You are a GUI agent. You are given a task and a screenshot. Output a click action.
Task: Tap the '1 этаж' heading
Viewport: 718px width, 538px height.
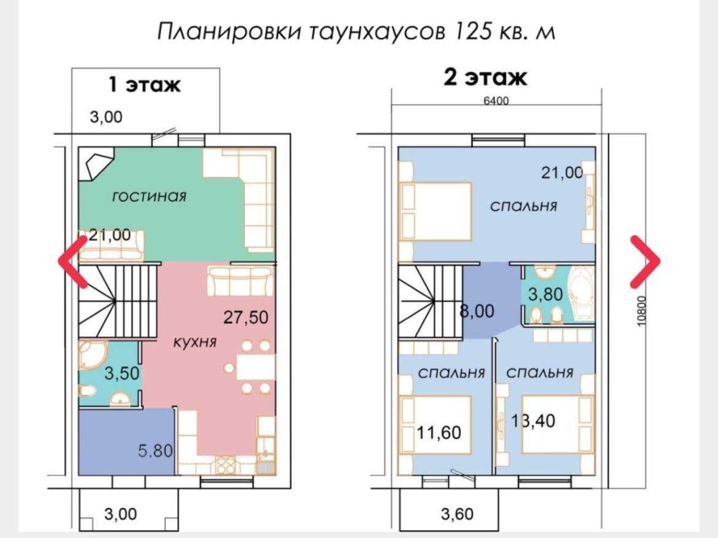(x=145, y=85)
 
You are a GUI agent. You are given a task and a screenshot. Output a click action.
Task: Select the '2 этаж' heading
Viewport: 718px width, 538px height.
(x=485, y=77)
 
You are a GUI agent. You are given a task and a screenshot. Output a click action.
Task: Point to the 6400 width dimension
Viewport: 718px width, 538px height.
(x=496, y=100)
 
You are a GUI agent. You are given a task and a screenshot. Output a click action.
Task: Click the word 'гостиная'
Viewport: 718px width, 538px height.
(x=149, y=197)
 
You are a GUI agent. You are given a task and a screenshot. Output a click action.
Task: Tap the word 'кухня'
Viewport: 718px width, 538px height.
(x=195, y=341)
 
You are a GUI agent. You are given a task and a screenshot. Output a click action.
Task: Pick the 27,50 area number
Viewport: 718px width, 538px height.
(x=246, y=317)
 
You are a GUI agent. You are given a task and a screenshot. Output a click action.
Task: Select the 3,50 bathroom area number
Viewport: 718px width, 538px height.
(x=122, y=373)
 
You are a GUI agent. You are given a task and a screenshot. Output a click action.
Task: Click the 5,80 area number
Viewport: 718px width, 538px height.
(x=156, y=451)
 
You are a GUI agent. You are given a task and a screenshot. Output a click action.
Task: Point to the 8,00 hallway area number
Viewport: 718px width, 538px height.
(x=477, y=311)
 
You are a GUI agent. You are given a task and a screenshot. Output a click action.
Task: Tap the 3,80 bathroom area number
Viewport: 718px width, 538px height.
(x=546, y=294)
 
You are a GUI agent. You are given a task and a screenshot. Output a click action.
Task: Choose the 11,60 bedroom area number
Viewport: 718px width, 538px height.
(x=439, y=433)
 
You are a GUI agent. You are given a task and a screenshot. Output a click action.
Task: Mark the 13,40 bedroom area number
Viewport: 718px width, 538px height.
(x=533, y=420)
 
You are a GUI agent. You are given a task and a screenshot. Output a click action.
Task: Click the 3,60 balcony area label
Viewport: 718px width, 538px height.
(x=457, y=514)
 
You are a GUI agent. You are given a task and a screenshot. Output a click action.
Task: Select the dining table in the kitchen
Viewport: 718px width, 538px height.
(x=256, y=367)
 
